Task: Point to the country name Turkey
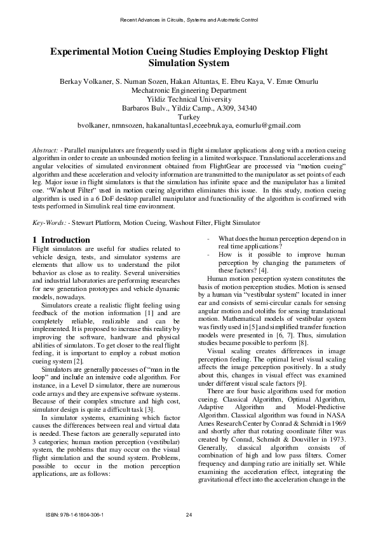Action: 189,117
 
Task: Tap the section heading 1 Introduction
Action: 61,240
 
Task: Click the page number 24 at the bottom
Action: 189,514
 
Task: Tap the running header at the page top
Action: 189,20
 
